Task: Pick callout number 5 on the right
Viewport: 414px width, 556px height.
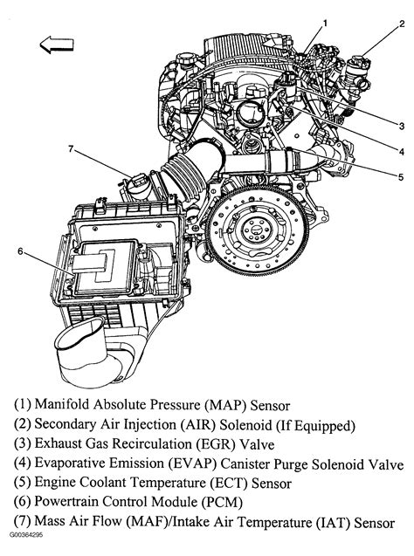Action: (x=401, y=176)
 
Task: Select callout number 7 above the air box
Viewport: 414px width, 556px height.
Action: (x=71, y=149)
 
